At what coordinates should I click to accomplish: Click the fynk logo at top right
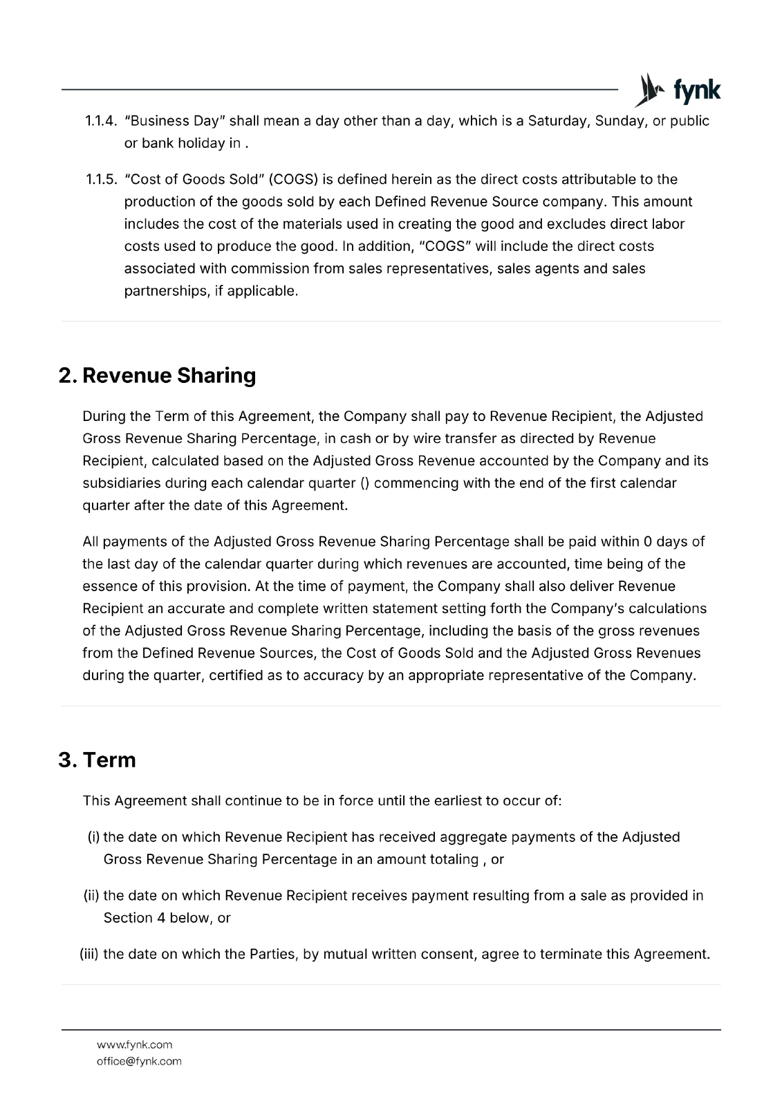point(678,91)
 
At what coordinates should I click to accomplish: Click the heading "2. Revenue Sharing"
point(158,375)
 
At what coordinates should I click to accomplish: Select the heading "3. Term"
point(97,760)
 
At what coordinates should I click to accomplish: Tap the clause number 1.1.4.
point(100,121)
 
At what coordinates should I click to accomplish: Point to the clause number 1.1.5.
point(100,180)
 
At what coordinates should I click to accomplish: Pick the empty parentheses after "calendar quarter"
point(366,483)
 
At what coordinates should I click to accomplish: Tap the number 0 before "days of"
point(647,541)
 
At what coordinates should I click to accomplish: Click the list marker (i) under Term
point(93,837)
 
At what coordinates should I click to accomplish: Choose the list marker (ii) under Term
point(92,896)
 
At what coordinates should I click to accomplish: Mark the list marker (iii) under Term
point(90,955)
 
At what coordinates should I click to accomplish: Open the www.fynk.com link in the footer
point(134,1044)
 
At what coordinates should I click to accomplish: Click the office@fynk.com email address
point(139,1061)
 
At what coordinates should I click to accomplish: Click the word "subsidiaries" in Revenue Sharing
point(121,483)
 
